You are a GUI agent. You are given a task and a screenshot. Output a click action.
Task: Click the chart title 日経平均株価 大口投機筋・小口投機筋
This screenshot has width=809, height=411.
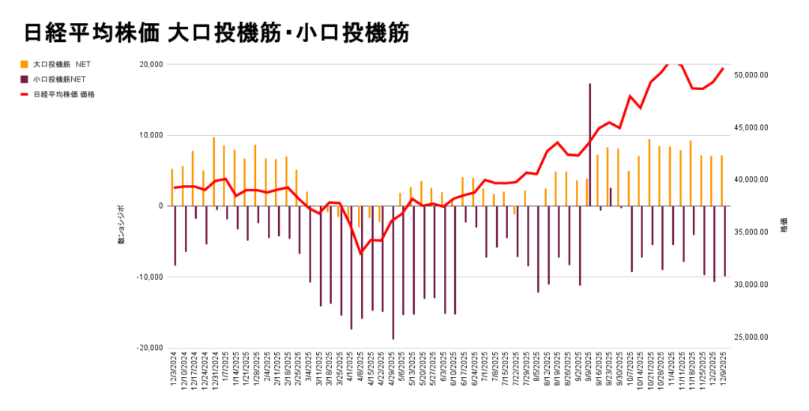(x=216, y=33)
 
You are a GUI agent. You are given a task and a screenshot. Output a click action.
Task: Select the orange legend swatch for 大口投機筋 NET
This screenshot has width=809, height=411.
(x=24, y=64)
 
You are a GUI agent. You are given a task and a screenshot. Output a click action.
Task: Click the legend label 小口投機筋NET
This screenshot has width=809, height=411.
(x=59, y=79)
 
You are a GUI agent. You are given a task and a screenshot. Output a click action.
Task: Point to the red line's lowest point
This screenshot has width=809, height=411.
(x=361, y=254)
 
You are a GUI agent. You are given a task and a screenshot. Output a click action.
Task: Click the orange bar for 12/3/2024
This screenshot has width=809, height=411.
(x=172, y=187)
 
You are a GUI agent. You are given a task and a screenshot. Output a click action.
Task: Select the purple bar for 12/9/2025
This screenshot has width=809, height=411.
(x=724, y=241)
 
